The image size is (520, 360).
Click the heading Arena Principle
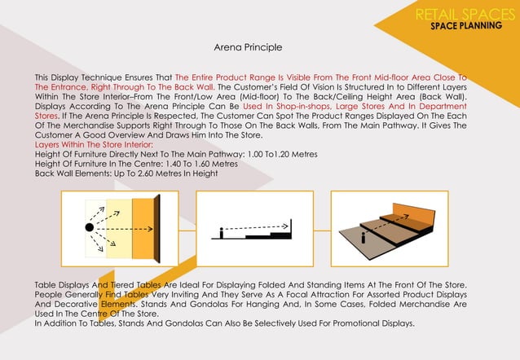(248, 48)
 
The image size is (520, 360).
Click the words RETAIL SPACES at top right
(461, 14)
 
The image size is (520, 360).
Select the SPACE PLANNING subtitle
(466, 26)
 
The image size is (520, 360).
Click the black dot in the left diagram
(89, 226)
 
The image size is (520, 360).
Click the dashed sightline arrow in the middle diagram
(261, 225)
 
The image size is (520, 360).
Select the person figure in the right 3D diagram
(363, 235)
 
